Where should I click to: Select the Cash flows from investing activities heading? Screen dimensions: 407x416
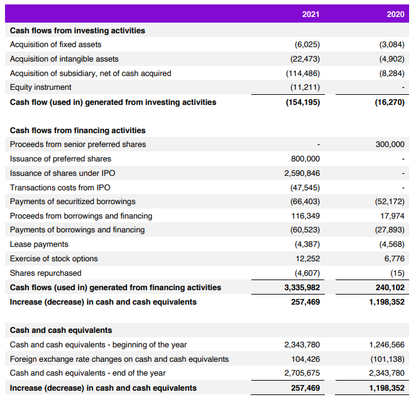click(x=77, y=30)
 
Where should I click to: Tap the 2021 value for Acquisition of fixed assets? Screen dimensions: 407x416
click(x=307, y=45)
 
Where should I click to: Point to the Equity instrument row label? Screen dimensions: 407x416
click(x=41, y=87)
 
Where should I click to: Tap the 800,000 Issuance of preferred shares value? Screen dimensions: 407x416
click(x=305, y=159)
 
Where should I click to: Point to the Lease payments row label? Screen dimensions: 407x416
click(x=39, y=244)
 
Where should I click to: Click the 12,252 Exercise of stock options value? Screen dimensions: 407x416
click(x=308, y=259)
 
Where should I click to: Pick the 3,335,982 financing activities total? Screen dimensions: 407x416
click(x=302, y=288)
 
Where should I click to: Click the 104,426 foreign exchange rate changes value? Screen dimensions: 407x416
click(x=306, y=359)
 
